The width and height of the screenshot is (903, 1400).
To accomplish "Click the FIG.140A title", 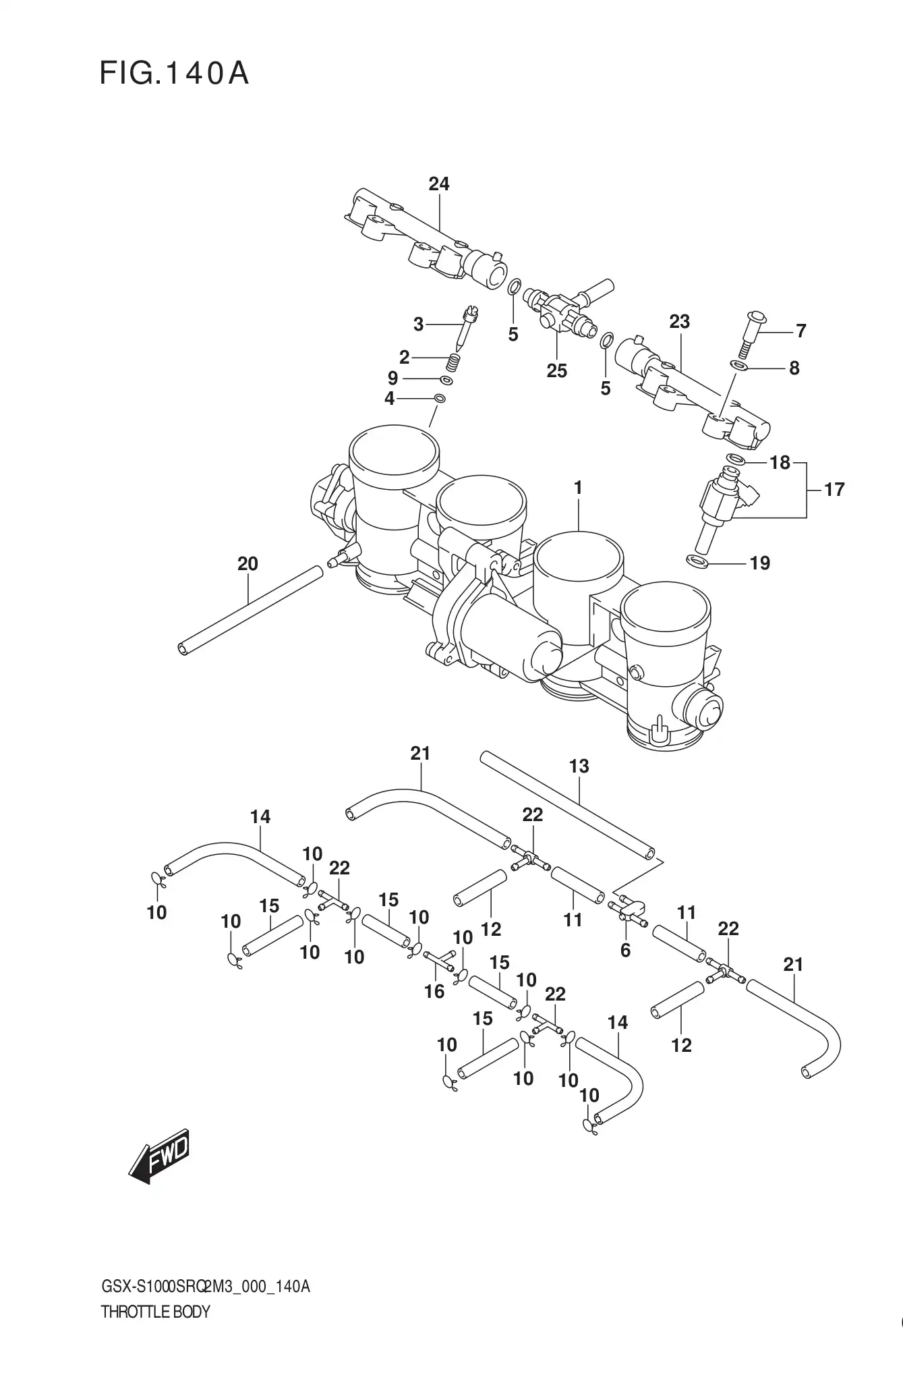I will pos(174,74).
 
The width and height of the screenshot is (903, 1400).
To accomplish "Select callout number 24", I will pos(438,184).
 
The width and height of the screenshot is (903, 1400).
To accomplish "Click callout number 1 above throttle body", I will pos(578,487).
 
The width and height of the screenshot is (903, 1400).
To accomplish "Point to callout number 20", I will pos(247,563).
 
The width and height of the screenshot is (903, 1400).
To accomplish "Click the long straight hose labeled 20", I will pos(250,609).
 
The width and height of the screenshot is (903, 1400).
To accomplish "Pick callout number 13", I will pos(579,766).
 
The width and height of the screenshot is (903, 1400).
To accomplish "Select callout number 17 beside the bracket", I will pos(834,489).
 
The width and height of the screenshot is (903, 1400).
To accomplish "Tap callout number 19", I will pos(760,563).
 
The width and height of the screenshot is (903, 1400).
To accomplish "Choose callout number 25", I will pos(556,370).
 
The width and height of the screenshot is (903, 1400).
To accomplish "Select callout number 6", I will pos(625,950).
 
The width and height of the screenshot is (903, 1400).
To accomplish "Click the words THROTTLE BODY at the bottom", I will pos(155,1312).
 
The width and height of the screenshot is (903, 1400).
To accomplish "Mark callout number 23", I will pos(679,322).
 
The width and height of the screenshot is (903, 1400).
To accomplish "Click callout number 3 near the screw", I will pos(418,325).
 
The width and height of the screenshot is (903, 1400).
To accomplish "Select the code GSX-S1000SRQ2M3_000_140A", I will pos(205,1287).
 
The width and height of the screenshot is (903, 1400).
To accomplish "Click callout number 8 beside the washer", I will pos(794,368).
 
